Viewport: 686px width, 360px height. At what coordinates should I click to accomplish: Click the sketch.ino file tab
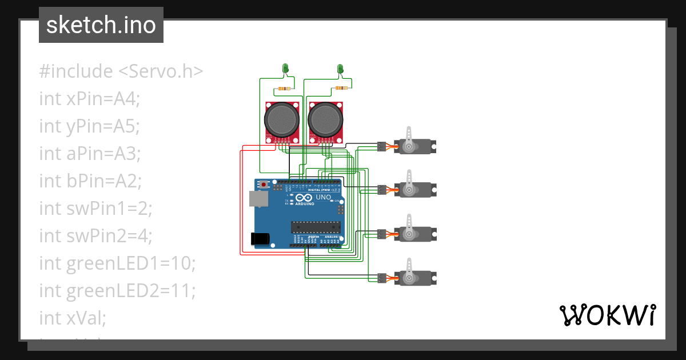[x=101, y=25]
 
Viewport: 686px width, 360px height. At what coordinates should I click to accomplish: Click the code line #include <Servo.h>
[x=121, y=71]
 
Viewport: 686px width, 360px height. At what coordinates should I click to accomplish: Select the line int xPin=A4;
[x=89, y=99]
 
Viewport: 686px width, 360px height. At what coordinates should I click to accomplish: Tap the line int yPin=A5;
[x=89, y=126]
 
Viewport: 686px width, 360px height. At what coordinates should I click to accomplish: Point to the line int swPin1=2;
[x=95, y=209]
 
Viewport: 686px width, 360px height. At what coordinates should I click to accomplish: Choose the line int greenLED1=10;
[x=117, y=263]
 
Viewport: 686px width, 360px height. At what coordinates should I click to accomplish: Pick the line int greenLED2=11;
[x=117, y=291]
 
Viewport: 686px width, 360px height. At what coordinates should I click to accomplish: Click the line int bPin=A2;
[x=90, y=181]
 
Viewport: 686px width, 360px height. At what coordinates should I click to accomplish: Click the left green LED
[x=286, y=69]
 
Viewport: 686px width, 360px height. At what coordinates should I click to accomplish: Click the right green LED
[x=340, y=69]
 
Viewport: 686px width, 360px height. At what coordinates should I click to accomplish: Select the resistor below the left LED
[x=283, y=89]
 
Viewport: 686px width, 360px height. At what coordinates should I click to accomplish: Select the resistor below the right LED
[x=341, y=88]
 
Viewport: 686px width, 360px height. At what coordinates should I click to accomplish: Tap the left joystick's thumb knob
[x=281, y=120]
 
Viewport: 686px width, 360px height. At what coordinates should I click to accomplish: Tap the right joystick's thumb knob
[x=325, y=120]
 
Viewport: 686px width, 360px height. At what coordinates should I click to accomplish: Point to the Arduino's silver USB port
[x=258, y=198]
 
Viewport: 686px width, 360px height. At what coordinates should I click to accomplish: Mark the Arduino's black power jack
[x=260, y=238]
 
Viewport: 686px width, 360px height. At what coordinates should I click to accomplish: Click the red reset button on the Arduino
[x=264, y=185]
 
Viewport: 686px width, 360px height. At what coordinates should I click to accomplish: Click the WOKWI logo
[x=607, y=315]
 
